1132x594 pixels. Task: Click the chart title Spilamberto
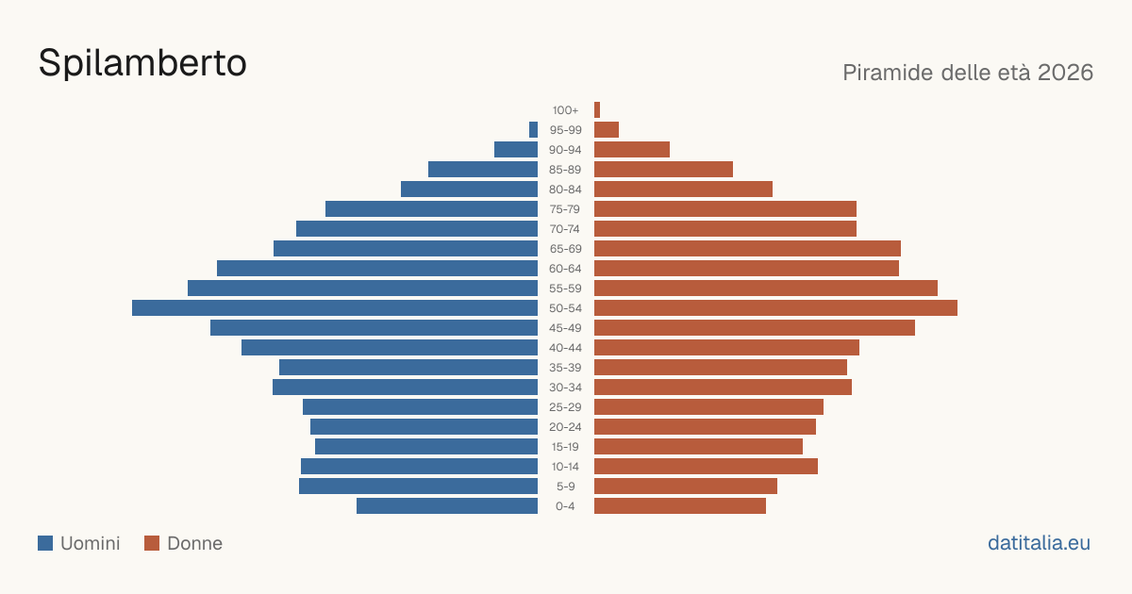(x=142, y=63)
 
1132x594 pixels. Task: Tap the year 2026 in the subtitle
(x=1065, y=73)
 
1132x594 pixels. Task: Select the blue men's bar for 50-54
(x=335, y=308)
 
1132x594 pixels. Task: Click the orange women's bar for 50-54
(x=775, y=308)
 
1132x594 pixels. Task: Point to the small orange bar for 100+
(x=597, y=110)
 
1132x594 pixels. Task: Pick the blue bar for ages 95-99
(x=533, y=130)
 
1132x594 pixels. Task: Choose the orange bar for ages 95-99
(x=607, y=130)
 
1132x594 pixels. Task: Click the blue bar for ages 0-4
(x=447, y=506)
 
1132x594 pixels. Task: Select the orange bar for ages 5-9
(x=686, y=487)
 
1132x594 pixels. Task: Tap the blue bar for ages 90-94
(x=516, y=150)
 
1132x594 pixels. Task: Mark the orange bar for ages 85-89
(x=663, y=169)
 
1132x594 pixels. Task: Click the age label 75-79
(x=565, y=209)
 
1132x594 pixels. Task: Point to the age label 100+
(x=565, y=110)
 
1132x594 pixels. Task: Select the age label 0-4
(x=565, y=506)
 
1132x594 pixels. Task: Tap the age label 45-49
(x=565, y=328)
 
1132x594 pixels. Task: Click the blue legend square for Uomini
(x=45, y=543)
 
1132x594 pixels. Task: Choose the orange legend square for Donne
(x=152, y=543)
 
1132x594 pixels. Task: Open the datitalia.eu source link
(x=1039, y=543)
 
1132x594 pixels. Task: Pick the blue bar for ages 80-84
(x=469, y=190)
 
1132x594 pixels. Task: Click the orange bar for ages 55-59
(x=766, y=289)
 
